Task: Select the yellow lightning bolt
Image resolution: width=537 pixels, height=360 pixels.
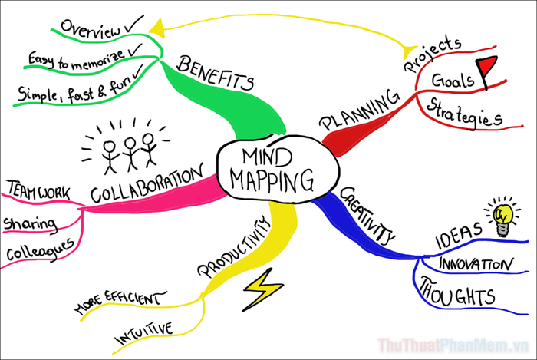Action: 262,289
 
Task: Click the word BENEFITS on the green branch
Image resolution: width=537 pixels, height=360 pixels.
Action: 216,73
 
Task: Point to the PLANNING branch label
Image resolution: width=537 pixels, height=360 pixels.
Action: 360,110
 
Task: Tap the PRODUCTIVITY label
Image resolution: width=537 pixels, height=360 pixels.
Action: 234,246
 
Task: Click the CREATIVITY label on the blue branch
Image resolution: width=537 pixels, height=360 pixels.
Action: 367,216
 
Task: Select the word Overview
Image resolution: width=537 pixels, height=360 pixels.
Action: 91,28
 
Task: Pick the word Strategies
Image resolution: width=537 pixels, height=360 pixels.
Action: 465,114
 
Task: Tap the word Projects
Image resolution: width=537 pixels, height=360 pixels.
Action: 433,54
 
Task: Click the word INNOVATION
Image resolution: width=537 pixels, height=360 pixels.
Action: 476,264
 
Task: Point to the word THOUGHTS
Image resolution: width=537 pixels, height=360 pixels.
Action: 457,292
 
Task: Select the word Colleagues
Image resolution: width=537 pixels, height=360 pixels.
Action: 40,250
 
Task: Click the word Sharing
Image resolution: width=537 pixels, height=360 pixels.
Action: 30,224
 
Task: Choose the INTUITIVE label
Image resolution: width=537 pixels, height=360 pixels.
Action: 144,333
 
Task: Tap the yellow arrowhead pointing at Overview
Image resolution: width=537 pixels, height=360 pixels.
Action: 157,28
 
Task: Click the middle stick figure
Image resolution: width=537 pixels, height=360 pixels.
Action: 131,154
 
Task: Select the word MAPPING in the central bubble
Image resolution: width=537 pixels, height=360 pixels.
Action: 272,180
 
